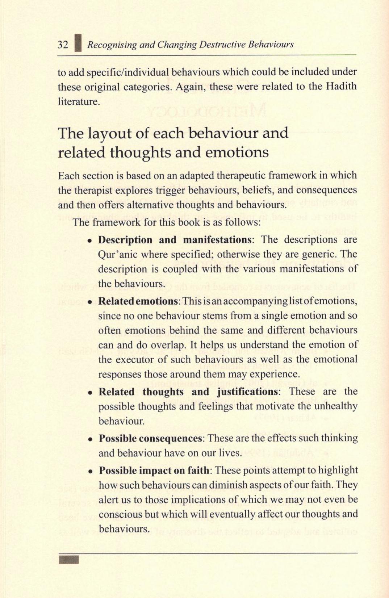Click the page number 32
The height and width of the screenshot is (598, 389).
point(63,45)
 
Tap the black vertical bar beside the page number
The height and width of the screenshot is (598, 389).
point(78,43)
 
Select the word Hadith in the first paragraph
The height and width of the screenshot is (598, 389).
point(341,87)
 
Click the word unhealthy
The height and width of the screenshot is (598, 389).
point(335,406)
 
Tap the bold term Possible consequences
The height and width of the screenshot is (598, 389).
point(150,439)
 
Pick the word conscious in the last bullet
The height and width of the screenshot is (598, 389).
point(120,515)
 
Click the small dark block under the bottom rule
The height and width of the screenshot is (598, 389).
point(68,560)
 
